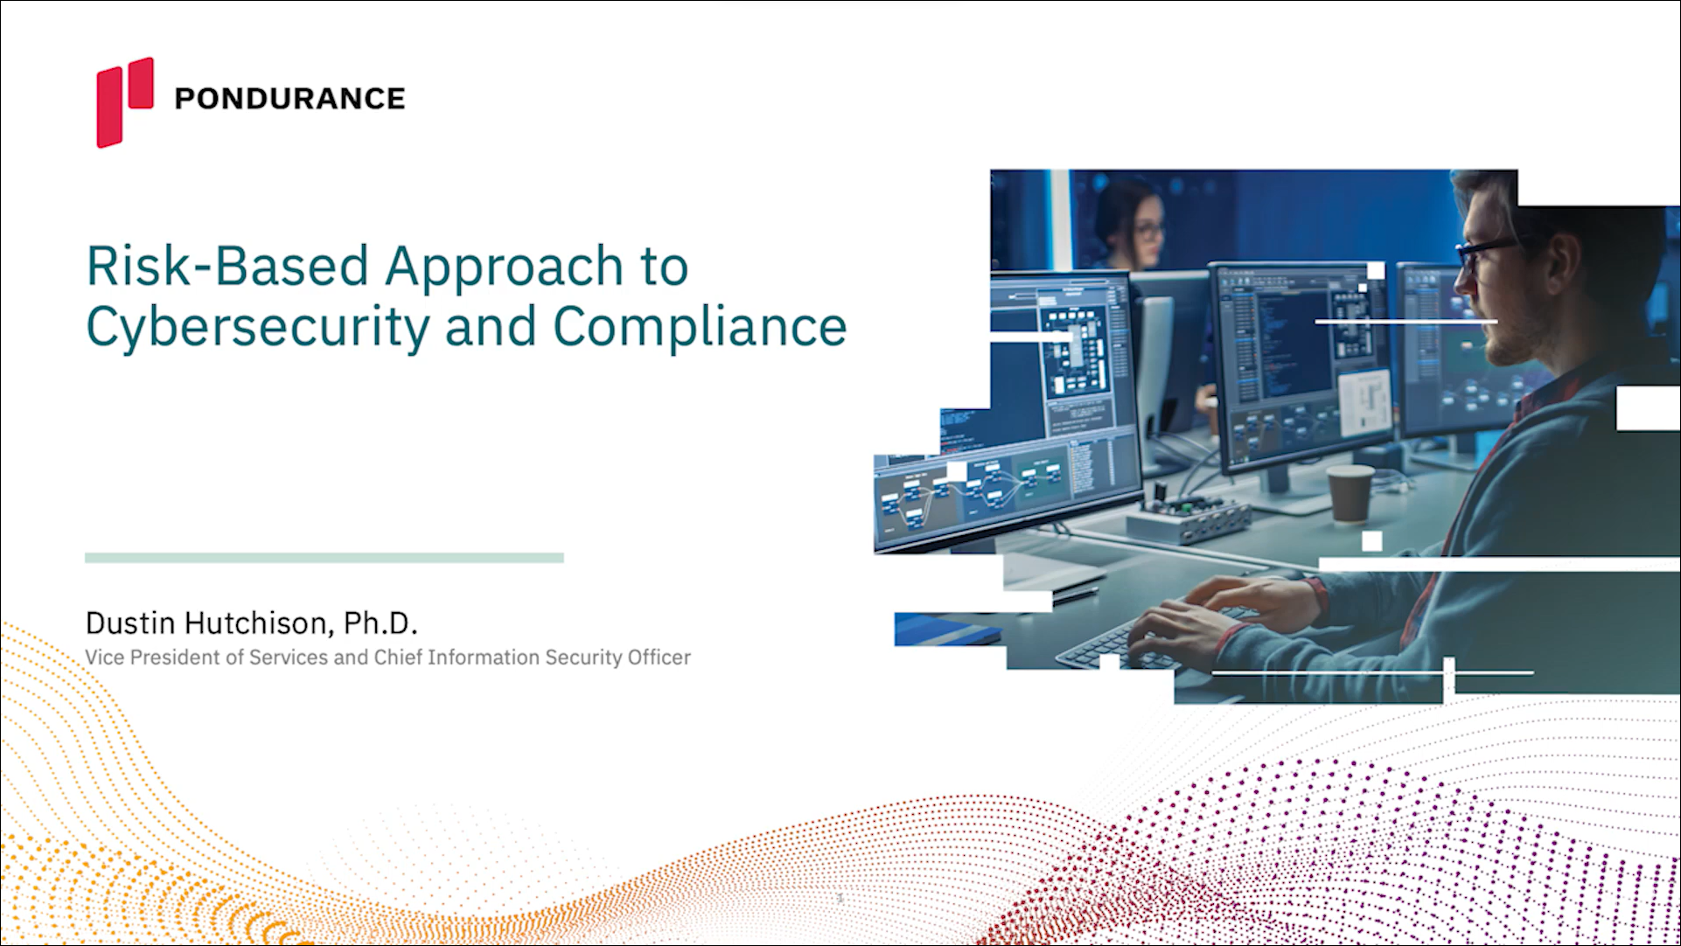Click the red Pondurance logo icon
pyautogui.click(x=124, y=102)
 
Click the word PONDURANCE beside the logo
pyautogui.click(x=289, y=99)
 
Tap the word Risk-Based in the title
pyautogui.click(x=227, y=266)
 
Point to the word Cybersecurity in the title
pyautogui.click(x=258, y=328)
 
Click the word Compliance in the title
pyautogui.click(x=700, y=328)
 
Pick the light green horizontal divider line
pyautogui.click(x=324, y=558)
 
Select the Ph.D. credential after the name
pyautogui.click(x=380, y=623)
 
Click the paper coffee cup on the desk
pyautogui.click(x=1350, y=495)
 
